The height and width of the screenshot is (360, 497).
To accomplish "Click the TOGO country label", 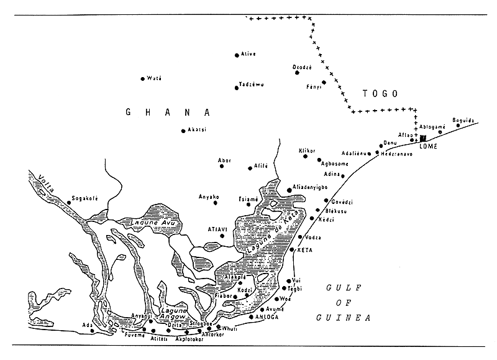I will pyautogui.click(x=380, y=93).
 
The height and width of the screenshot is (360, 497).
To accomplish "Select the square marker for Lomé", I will pyautogui.click(x=423, y=139).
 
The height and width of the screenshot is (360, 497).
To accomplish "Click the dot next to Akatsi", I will pyautogui.click(x=182, y=131).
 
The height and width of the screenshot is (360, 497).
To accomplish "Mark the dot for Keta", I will pyautogui.click(x=293, y=250).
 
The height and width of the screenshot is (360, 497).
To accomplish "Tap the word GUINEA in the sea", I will pyautogui.click(x=348, y=317).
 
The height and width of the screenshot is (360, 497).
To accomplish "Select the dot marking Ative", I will pyautogui.click(x=237, y=55).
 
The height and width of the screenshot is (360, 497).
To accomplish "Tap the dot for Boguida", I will pyautogui.click(x=458, y=126).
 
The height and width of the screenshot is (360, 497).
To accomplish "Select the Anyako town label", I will pyautogui.click(x=208, y=197).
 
